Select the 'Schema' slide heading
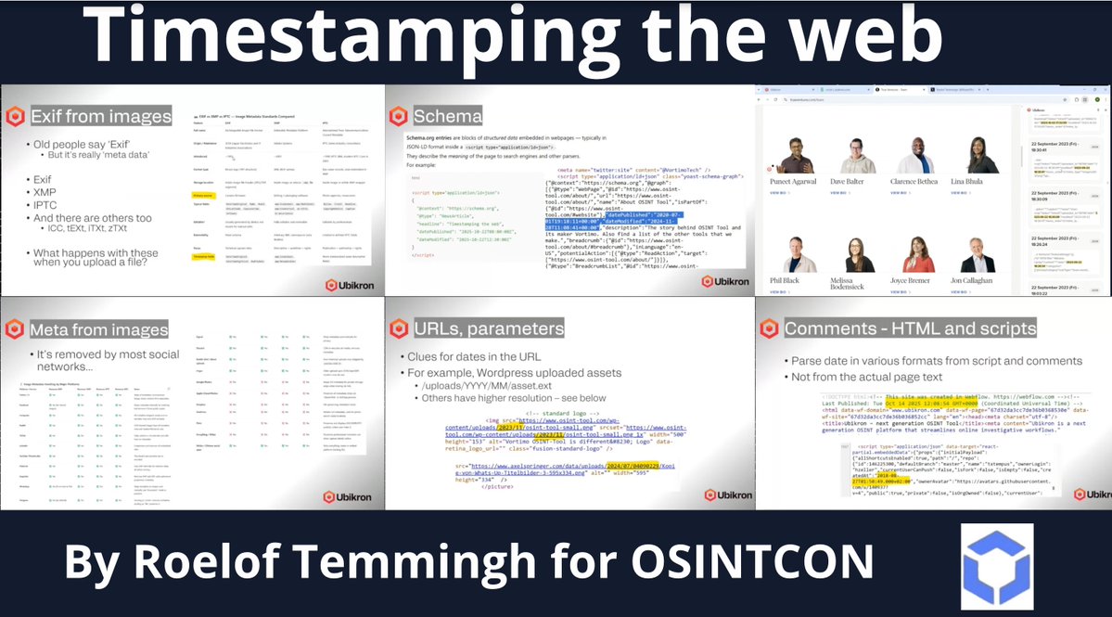coord(447,116)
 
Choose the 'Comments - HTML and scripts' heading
coord(910,328)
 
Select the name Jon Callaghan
coord(985,279)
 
